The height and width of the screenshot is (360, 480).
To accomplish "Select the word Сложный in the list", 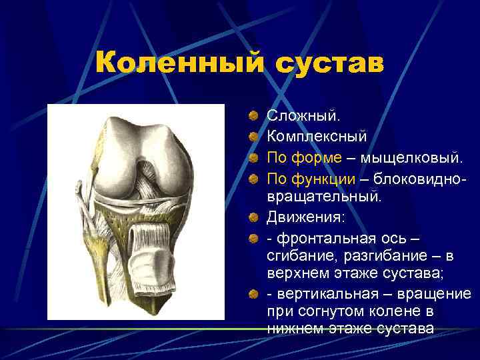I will pyautogui.click(x=303, y=116).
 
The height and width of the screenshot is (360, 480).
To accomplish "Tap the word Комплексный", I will pyautogui.click(x=317, y=137).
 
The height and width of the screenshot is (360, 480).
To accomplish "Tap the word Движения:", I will pyautogui.click(x=306, y=217).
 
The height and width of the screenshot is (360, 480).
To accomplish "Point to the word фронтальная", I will pyautogui.click(x=324, y=238).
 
